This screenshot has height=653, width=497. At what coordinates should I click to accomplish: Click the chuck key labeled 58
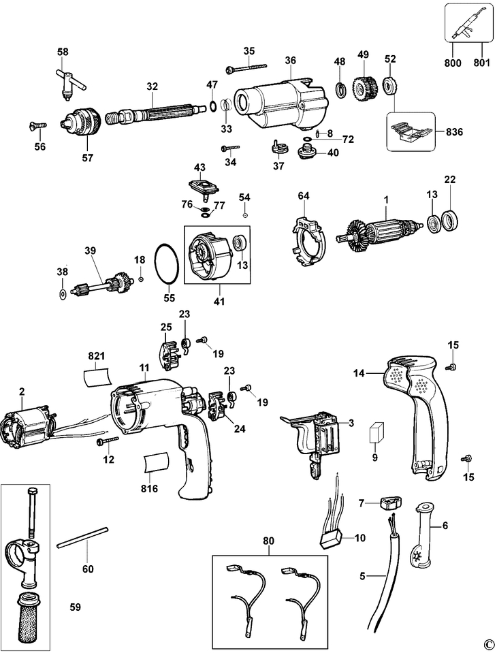coord(70,83)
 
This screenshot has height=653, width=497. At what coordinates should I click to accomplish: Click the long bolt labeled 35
coord(246,68)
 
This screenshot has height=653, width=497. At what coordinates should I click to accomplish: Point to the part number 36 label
coord(291,61)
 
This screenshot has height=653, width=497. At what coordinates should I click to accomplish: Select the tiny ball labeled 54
coord(245,215)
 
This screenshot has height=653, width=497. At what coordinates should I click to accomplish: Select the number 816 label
coord(149,488)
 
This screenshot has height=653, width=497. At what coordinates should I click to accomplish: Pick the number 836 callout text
coord(455,131)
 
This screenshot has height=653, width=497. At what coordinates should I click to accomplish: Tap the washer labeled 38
coord(63,294)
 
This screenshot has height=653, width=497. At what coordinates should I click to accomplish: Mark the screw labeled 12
coord(107,440)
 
